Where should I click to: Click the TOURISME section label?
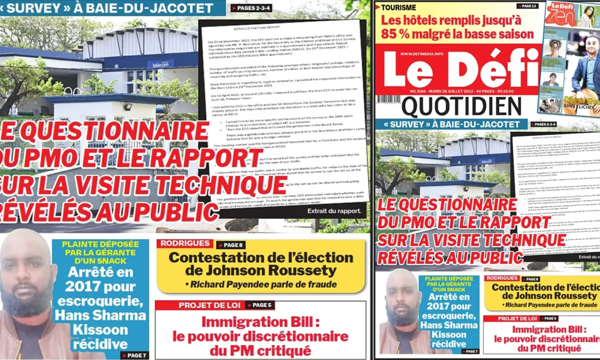pos(398,7)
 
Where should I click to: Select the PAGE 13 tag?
pos(529,6)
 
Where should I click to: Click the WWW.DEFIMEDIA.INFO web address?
pos(421,54)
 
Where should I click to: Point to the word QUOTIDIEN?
pos(461,106)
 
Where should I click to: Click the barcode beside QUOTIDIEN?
pos(388,100)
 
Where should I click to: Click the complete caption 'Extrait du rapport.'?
pos(334,211)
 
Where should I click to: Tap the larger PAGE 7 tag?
pos(134,355)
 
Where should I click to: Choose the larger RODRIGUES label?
pos(185,243)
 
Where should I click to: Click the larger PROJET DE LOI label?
pos(209,305)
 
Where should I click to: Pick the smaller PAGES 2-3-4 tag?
pos(545,124)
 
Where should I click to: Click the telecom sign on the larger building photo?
pos(160,64)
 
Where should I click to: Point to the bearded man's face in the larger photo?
pos(26,270)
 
